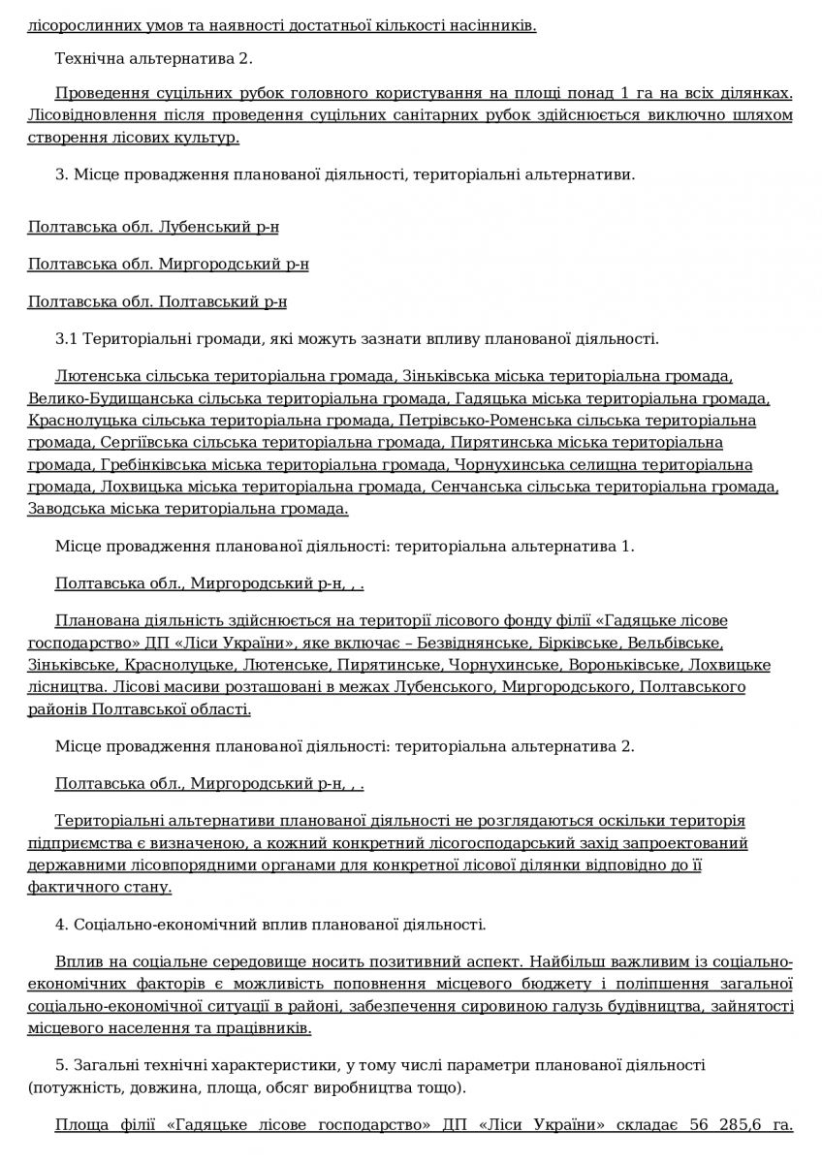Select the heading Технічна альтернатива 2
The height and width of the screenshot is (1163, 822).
(153, 58)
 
